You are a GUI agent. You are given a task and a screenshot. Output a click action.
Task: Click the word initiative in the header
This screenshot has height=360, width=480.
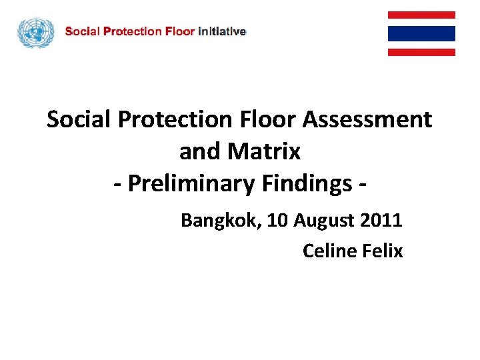pos(223,31)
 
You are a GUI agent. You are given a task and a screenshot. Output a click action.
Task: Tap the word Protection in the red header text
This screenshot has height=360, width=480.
pos(131,31)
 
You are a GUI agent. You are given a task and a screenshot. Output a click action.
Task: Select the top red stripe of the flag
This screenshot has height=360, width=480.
pos(421,15)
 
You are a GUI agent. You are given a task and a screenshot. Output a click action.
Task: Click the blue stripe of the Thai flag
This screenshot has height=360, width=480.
pos(421,33)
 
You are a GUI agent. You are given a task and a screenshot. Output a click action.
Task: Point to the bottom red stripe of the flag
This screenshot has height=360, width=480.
pos(421,52)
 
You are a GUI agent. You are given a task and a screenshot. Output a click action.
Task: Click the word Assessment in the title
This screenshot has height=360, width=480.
pos(367,120)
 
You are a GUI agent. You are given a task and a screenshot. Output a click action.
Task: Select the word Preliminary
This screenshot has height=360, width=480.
pos(190,184)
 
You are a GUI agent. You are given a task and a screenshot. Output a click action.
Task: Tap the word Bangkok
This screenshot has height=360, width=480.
pos(221,221)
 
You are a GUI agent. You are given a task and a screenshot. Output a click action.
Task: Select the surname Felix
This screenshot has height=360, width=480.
pos(383,251)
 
